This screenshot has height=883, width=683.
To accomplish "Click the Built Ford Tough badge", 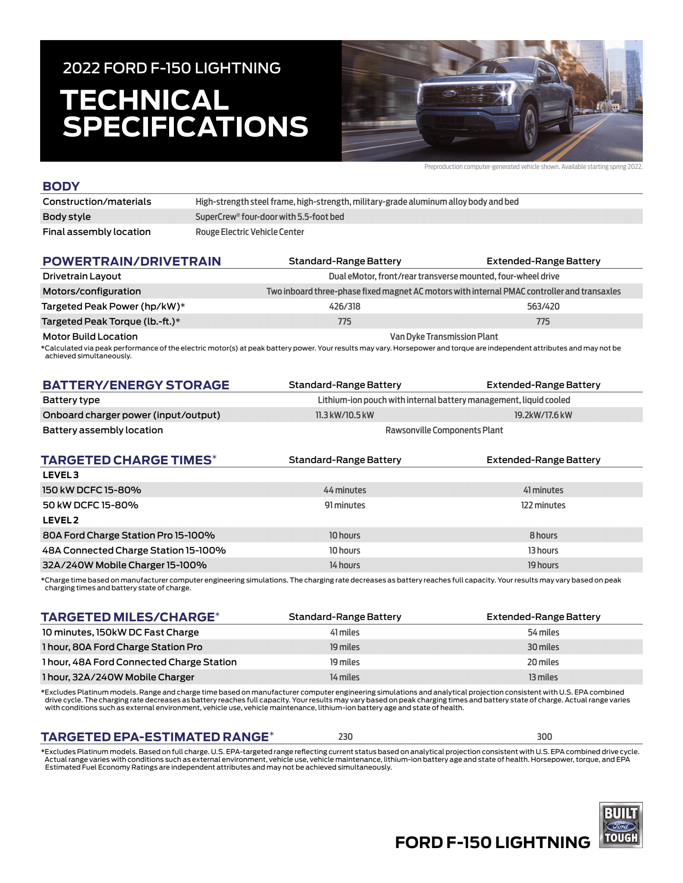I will point(620,825).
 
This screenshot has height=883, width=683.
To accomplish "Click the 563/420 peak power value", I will point(543,306).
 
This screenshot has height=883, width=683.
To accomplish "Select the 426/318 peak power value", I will point(344,306).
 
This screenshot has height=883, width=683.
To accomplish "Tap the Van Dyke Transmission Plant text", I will point(444,336).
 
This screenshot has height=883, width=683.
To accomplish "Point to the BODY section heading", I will point(61,186).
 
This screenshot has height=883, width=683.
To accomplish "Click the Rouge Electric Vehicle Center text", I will point(249,232).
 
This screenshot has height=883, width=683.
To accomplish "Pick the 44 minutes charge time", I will point(344,490).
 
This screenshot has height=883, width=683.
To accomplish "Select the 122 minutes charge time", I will point(543,505).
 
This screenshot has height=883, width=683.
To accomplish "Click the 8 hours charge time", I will point(543,535).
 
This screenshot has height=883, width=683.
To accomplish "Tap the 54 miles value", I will point(543,632).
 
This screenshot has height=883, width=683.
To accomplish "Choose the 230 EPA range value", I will point(345,736).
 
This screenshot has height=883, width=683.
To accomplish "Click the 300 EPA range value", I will point(544,736).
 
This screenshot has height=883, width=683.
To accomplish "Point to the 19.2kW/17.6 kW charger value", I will point(543,415).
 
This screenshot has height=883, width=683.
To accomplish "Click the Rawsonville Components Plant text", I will point(444,430).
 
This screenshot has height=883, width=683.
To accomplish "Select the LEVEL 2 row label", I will point(60,520).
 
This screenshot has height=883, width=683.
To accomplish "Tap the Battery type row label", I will point(71,400).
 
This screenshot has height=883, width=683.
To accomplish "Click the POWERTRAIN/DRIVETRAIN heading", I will point(132,261).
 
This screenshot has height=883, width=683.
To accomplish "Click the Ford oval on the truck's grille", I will point(447,94).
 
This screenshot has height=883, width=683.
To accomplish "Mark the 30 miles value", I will point(543,647).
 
